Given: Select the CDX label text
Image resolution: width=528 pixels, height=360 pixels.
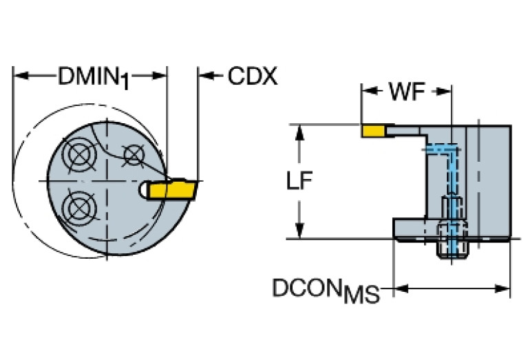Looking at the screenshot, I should point(252,76).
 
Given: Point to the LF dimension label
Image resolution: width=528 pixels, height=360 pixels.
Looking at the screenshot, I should point(299,181).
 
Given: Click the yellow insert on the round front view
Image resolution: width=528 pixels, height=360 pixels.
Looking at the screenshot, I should point(172,189).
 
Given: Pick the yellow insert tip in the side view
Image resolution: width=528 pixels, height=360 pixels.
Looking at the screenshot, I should point(374,129).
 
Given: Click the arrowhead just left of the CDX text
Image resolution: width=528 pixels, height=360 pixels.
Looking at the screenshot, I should point(205,74).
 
